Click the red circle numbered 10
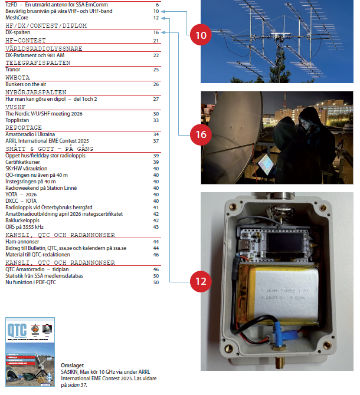pyautogui.click(x=201, y=35)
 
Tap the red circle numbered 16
pyautogui.click(x=201, y=134)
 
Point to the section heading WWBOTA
pyautogui.click(x=17, y=77)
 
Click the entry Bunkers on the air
pyautogui.click(x=24, y=84)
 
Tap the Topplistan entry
pyautogui.click(x=16, y=120)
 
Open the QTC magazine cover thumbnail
pyautogui.click(x=30, y=353)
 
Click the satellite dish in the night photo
pyautogui.click(x=227, y=136)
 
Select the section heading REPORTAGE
pyautogui.click(x=24, y=127)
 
